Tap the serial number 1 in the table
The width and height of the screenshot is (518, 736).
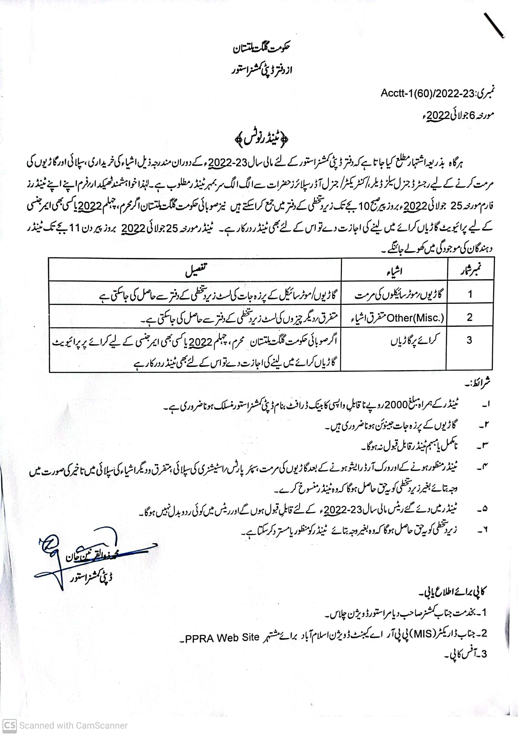click(x=470, y=294)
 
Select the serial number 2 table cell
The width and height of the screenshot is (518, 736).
click(x=470, y=317)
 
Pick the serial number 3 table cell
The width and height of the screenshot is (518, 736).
click(x=469, y=340)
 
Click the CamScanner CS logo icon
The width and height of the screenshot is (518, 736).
click(x=9, y=725)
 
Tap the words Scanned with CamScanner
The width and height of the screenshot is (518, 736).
click(x=73, y=726)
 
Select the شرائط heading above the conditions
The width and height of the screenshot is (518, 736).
click(x=478, y=382)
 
